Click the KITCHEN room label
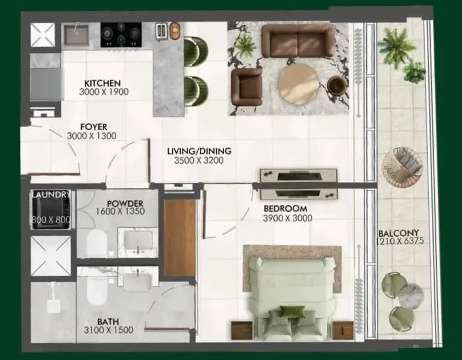coord(102,83)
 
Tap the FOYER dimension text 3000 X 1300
coord(92,135)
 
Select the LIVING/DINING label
coord(199,151)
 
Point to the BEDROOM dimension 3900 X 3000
coord(287,218)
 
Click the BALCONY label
coord(398,234)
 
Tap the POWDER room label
coord(125,203)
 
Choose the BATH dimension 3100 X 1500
coord(108,330)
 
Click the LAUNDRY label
coord(51,194)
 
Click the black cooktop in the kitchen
coord(121,34)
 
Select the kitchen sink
coord(76,35)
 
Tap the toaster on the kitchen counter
coord(161,31)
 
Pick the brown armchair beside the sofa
coord(246,87)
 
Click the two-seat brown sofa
coord(298,40)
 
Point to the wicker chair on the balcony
coord(402,166)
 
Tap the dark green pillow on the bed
coord(292,311)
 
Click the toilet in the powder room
coord(96,243)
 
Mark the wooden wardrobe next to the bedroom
coord(179,238)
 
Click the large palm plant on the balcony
coord(397,45)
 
